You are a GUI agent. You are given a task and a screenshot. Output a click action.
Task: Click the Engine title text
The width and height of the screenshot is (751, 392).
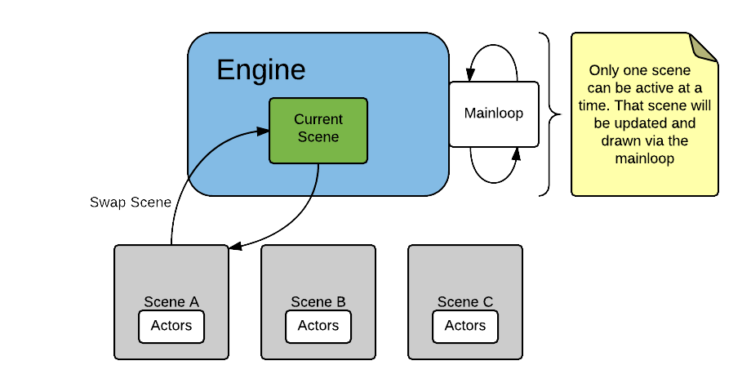260,70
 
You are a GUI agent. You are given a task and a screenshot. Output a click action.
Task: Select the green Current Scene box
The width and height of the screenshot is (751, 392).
318,130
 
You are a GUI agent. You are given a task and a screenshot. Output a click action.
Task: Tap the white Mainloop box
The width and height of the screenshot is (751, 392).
493,114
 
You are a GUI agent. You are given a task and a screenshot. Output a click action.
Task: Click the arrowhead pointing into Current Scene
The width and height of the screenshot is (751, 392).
264,131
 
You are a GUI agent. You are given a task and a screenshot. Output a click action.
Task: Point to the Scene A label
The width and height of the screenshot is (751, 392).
171,301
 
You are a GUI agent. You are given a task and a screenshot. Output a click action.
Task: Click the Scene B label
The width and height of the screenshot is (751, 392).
318,301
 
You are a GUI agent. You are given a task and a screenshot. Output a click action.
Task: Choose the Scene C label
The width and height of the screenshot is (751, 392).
465,301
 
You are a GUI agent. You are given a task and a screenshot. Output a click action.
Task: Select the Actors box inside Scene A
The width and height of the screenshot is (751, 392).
171,326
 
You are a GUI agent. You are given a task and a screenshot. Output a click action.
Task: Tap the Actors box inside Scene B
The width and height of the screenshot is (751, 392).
318,326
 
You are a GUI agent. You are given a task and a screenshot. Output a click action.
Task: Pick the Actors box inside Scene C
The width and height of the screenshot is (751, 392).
465,326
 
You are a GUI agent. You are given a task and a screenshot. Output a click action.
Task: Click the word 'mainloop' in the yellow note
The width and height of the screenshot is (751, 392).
645,158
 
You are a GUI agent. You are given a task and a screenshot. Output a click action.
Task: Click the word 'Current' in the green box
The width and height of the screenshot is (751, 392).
318,119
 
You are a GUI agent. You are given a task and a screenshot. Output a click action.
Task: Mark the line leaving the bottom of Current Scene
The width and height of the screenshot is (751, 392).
317,180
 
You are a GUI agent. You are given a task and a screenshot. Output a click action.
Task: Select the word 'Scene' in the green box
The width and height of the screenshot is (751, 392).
318,137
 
